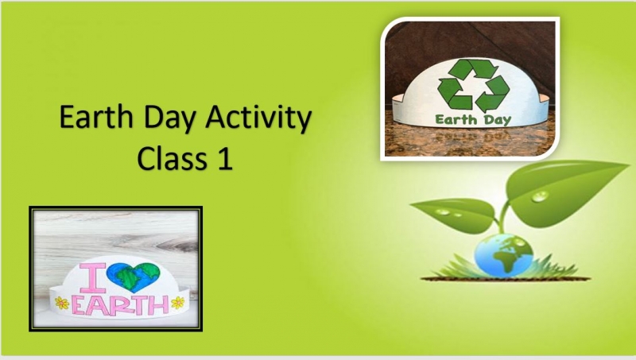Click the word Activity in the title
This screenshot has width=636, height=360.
point(258,118)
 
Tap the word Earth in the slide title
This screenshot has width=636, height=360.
point(96,116)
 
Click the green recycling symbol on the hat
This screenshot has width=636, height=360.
point(473,86)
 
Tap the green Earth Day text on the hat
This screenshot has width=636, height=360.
point(473,119)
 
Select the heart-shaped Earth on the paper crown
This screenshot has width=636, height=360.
point(134,277)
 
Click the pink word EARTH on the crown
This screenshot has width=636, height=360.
point(120,305)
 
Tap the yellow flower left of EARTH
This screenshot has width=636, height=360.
point(62,303)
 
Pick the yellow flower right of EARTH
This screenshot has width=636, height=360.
point(177,303)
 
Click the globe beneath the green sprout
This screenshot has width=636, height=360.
point(503,255)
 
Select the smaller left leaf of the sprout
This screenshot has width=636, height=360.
point(457,214)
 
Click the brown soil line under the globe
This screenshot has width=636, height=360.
point(506,278)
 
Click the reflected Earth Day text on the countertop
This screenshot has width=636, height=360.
point(472,136)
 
